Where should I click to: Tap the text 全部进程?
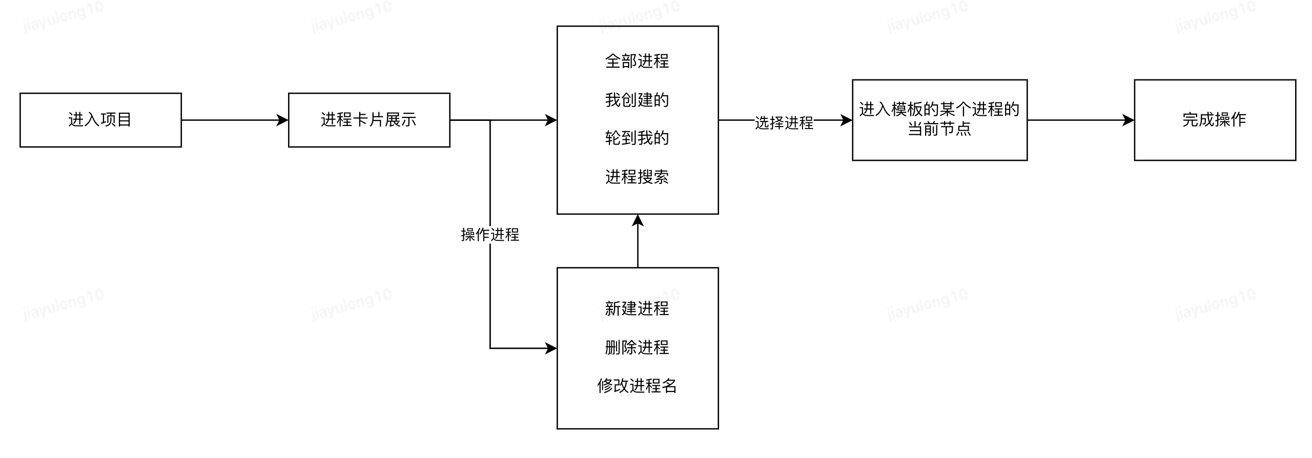click(637, 61)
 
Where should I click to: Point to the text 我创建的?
click(637, 99)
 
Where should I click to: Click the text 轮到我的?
click(637, 138)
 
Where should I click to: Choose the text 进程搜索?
click(637, 177)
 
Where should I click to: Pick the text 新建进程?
click(637, 308)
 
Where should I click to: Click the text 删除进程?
click(637, 347)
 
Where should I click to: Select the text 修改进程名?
click(637, 386)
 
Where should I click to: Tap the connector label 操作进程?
click(490, 235)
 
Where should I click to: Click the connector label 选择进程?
click(784, 123)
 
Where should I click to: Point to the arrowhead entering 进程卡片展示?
click(282, 120)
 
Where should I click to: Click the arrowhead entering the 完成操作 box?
click(1128, 120)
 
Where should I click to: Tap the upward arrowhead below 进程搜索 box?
click(638, 221)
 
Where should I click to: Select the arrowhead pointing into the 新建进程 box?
click(551, 348)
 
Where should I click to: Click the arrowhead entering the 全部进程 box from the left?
click(551, 120)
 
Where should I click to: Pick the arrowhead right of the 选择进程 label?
click(846, 120)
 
